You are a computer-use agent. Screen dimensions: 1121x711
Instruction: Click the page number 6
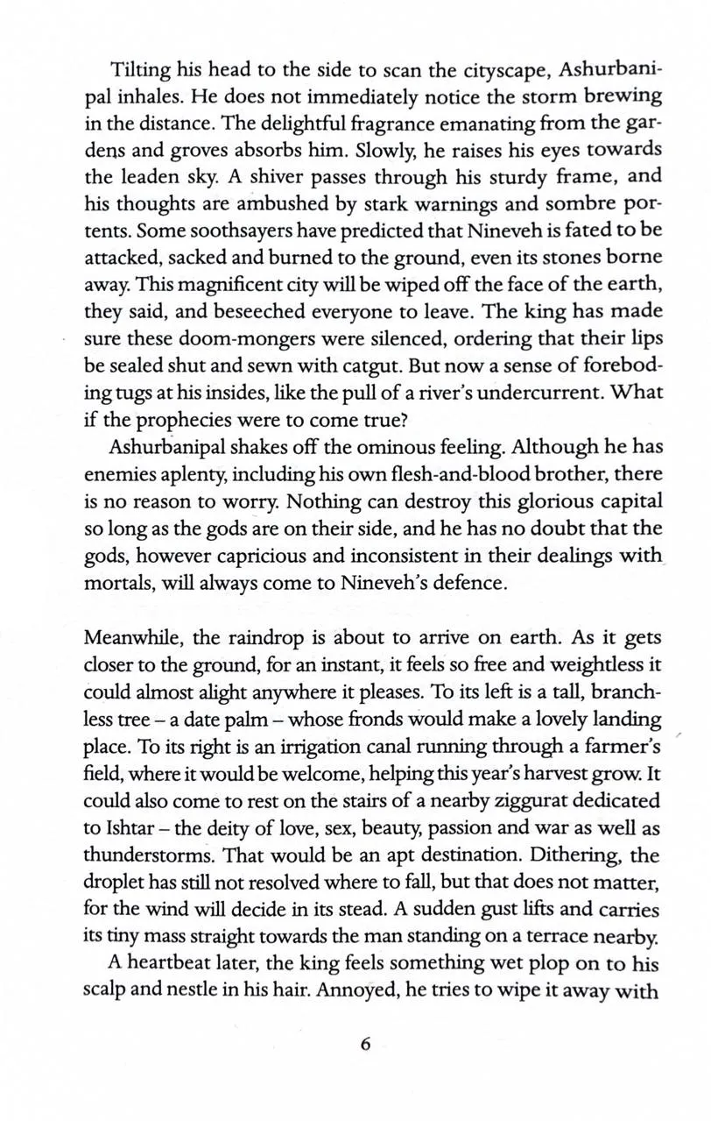[x=366, y=1043]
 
